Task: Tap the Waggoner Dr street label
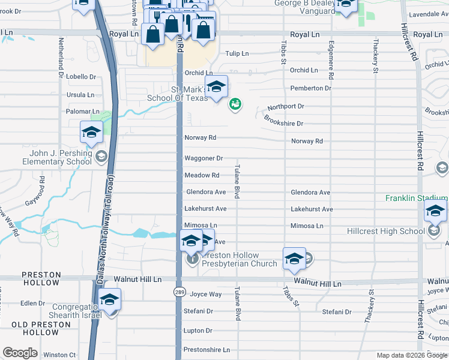[203, 158]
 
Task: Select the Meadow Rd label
[202, 175]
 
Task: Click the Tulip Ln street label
[237, 53]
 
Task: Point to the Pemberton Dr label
[310, 88]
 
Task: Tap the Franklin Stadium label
[416, 198]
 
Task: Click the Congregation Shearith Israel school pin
[110, 300]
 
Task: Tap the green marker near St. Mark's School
[235, 105]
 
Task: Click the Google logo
[20, 353]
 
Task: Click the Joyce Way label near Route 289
[205, 295]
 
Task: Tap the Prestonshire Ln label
[206, 350]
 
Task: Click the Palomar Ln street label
[83, 112]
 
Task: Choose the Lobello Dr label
[81, 77]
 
